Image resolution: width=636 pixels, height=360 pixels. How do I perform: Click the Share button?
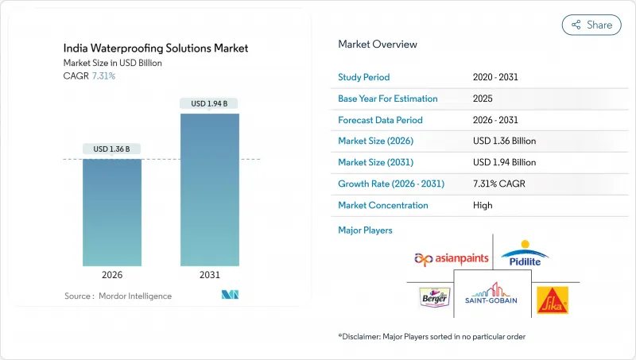[x=591, y=25]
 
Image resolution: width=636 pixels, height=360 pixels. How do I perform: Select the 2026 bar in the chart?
[x=112, y=212]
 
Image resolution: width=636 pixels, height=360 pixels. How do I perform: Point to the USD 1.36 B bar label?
[x=112, y=149]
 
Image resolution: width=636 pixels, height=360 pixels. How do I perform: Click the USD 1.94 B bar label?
[x=210, y=103]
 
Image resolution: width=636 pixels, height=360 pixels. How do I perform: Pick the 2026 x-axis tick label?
[x=112, y=275]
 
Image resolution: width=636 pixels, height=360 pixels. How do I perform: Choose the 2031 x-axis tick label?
[x=210, y=275]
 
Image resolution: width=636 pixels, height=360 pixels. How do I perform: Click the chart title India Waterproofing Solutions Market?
[x=155, y=48]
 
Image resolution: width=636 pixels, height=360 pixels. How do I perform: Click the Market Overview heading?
[x=378, y=45]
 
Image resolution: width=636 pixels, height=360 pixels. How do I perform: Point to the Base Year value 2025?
[x=483, y=99]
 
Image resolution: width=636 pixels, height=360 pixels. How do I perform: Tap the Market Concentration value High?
[x=482, y=205]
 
